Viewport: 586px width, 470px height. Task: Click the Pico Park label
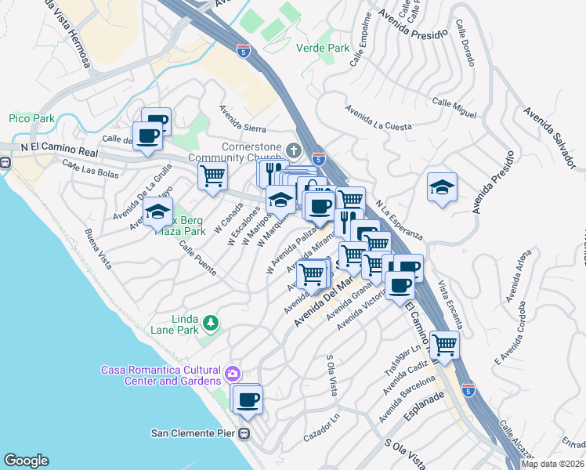tap(31, 118)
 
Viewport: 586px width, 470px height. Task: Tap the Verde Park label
tap(323, 48)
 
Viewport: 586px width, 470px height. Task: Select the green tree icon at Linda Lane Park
tap(210, 322)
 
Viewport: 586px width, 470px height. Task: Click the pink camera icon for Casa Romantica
tap(233, 374)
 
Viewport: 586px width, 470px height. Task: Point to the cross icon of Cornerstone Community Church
tap(294, 150)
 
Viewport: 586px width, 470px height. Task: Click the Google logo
tap(26, 460)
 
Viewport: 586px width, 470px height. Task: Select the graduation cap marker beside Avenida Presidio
tap(442, 187)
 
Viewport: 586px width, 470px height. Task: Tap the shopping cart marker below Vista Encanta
tap(444, 345)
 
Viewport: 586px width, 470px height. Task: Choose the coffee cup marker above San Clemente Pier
tap(248, 399)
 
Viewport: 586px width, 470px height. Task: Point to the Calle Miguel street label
tap(454, 109)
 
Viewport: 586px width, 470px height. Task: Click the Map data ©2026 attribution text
tap(552, 464)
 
